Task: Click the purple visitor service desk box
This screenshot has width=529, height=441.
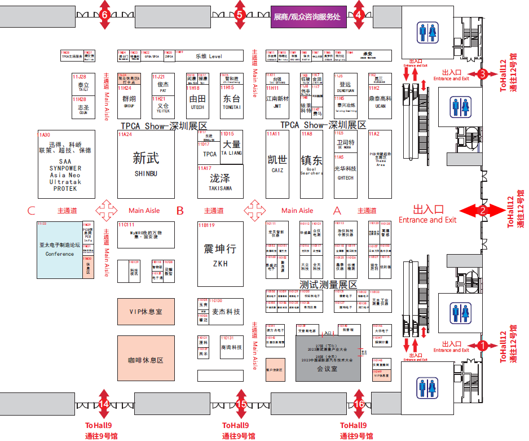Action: coord(307,17)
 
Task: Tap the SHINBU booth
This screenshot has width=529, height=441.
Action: coord(146,164)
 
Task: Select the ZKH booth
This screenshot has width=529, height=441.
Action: coord(220,254)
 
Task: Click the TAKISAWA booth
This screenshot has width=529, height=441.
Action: coord(220,181)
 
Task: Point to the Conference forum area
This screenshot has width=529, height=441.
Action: coord(60,250)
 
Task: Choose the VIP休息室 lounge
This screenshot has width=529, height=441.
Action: coord(146,311)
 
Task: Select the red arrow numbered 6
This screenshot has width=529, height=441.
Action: coord(104,15)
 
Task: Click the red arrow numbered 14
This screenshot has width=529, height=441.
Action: coord(104,404)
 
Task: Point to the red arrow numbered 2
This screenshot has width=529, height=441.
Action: coord(482,211)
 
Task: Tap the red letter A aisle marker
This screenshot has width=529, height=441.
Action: coord(338,211)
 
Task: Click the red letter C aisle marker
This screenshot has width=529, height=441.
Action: coord(32,211)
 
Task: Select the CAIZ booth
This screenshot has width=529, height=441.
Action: coord(277,164)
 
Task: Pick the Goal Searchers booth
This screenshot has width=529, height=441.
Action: coord(311,164)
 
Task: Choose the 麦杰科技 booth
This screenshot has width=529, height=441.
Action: coord(226,312)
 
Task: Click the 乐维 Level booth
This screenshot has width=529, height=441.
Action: coord(209,56)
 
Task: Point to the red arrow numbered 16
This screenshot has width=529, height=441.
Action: coord(359,404)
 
